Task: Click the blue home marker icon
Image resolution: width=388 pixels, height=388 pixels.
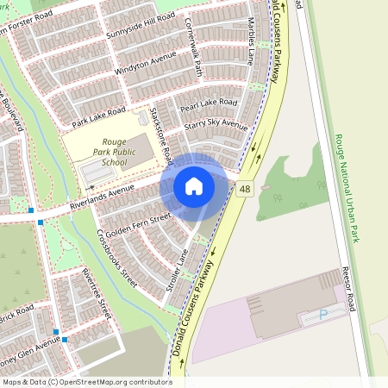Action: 194,186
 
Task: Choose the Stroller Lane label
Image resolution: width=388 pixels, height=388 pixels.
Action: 177,271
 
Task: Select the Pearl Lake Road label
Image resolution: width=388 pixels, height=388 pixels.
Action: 208,106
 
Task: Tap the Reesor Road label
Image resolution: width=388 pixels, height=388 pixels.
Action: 348,288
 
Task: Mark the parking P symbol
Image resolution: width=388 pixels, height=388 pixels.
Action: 323,314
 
